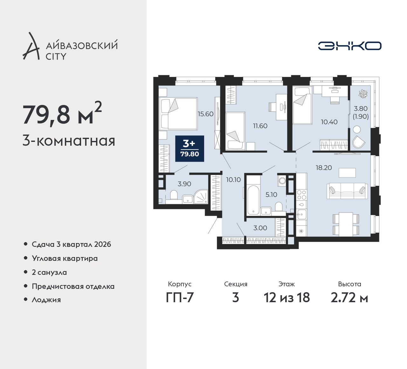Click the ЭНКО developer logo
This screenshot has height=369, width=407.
[x=349, y=46]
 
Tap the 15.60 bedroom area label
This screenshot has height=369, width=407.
[x=205, y=114]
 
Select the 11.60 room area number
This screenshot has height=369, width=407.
[x=260, y=126]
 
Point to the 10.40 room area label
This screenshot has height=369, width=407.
[x=329, y=122]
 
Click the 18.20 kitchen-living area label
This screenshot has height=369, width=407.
[x=324, y=168]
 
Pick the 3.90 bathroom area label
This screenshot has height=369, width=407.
[x=184, y=184]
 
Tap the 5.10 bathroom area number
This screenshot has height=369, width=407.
[x=271, y=195]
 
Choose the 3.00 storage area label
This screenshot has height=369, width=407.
[x=260, y=228]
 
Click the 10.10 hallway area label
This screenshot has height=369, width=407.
[x=233, y=180]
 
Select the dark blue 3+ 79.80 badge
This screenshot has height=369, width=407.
[x=190, y=149]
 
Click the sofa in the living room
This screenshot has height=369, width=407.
[x=347, y=191]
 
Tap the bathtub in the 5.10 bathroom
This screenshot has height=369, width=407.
[x=253, y=200]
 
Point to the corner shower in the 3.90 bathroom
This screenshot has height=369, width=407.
[x=201, y=197]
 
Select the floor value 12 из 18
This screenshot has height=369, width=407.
[x=287, y=298]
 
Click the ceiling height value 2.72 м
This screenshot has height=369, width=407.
[x=349, y=298]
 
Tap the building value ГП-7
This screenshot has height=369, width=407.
[x=180, y=298]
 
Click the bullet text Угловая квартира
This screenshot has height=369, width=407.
[x=65, y=259]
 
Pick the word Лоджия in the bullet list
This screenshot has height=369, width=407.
[x=46, y=300]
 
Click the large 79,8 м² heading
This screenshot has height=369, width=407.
[x=62, y=114]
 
